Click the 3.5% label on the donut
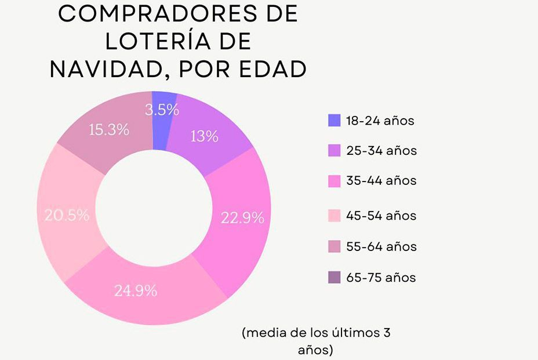162,110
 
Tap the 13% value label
204,136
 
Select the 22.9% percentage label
242,218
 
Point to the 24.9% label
136,291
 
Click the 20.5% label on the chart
67,215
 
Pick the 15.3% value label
108,130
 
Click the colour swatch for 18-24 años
334,121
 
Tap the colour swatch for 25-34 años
334,151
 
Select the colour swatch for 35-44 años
334,181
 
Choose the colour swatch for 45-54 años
334,216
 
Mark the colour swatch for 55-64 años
334,246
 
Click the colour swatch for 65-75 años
334,278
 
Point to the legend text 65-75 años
381,278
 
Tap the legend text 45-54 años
381,216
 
